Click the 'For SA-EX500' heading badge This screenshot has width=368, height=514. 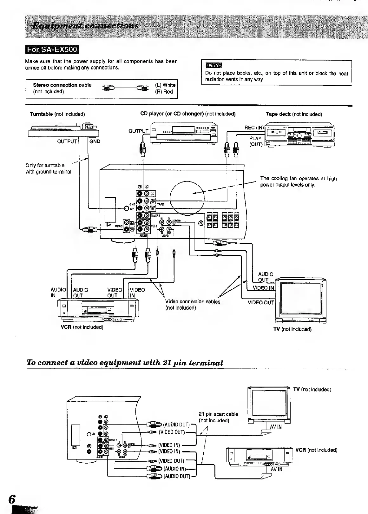(52, 50)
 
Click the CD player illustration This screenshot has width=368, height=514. (183, 133)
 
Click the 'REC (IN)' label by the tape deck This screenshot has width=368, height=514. (254, 128)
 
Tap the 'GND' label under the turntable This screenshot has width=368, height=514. (95, 142)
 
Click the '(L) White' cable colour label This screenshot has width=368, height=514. (165, 85)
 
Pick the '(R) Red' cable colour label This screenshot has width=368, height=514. (164, 92)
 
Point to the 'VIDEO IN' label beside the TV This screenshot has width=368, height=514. (263, 288)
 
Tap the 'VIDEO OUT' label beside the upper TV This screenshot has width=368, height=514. (260, 302)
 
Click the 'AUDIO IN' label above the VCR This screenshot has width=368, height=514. (58, 293)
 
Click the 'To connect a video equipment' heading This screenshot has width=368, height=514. (125, 363)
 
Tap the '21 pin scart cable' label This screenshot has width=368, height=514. (218, 414)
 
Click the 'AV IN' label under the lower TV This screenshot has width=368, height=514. (276, 427)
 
